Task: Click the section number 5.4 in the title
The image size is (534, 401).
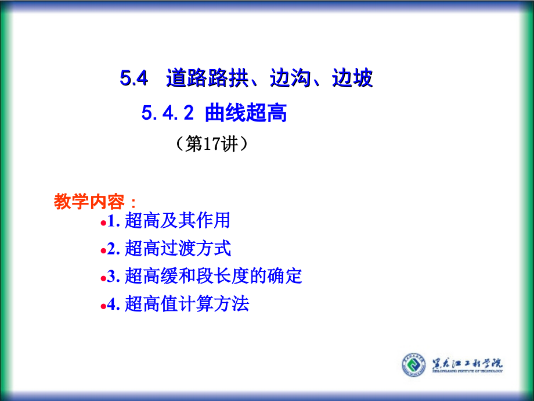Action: click(x=134, y=78)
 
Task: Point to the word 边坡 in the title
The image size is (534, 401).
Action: click(x=352, y=78)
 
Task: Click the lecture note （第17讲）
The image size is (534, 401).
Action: click(x=212, y=144)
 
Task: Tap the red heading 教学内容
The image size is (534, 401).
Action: click(x=89, y=202)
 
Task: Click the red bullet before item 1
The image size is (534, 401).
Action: click(x=103, y=223)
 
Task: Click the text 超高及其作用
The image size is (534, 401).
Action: click(x=177, y=221)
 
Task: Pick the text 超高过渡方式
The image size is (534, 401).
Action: click(x=178, y=249)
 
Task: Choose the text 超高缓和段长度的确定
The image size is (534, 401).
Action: click(x=213, y=276)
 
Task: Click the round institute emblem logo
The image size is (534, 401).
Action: click(x=413, y=365)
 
